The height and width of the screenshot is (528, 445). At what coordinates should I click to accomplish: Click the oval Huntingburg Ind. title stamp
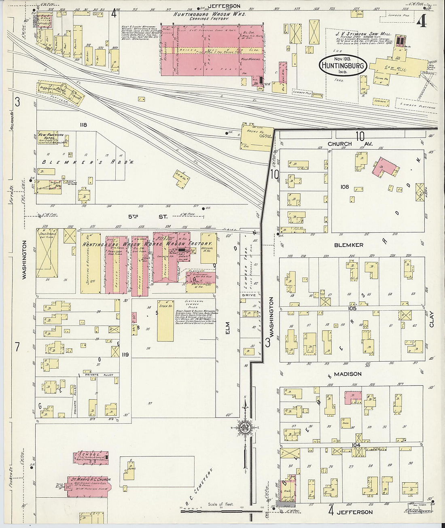pos(343,66)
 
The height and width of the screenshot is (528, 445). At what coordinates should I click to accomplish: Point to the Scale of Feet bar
pos(220,511)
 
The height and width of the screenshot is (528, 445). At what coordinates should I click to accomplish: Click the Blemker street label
pos(348,245)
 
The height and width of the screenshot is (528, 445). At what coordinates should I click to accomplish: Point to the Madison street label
pos(348,374)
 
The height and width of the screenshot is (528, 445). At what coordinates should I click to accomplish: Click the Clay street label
pos(431,319)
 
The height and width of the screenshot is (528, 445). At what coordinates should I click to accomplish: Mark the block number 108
pos(345,187)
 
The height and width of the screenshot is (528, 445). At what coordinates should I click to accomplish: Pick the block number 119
pos(125,354)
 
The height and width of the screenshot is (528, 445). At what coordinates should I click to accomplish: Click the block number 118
pos(83,125)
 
